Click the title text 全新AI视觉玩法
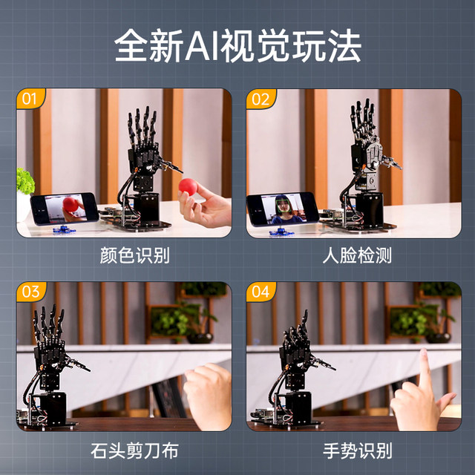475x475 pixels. [237, 46]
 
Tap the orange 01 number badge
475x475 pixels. [30, 98]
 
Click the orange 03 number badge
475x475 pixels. [30, 292]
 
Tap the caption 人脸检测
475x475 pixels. [357, 256]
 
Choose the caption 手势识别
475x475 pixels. [357, 450]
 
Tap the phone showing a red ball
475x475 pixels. [65, 207]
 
